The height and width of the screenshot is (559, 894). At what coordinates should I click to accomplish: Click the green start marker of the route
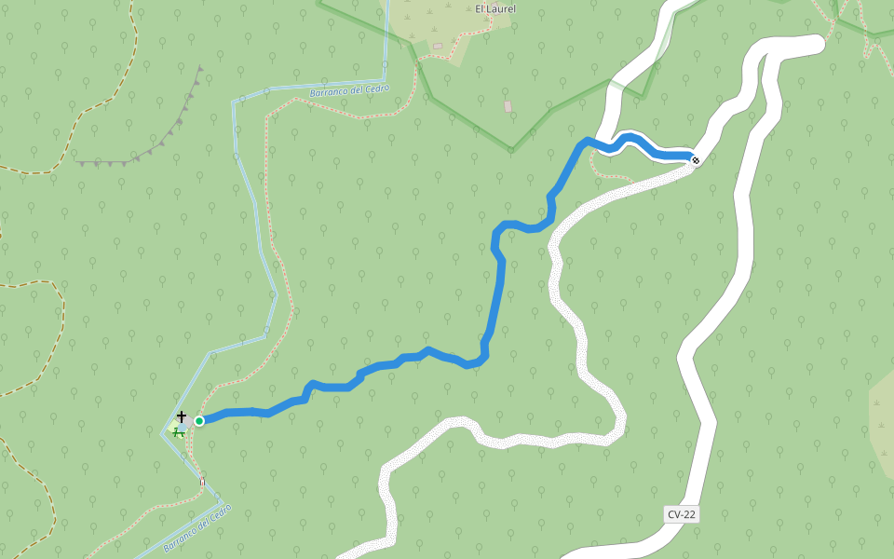tap(199, 421)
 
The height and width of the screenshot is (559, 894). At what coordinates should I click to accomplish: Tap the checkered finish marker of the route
tap(695, 160)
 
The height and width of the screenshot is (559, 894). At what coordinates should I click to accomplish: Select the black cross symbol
tap(182, 416)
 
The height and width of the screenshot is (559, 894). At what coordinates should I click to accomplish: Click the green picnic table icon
tap(177, 430)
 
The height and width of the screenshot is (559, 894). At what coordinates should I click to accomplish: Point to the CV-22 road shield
tap(682, 514)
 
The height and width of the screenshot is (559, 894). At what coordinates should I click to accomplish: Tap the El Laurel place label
tap(495, 9)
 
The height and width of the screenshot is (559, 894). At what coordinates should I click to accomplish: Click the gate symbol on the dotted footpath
tap(202, 482)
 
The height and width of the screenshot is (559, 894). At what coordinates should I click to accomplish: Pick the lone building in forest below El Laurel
tap(508, 106)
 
